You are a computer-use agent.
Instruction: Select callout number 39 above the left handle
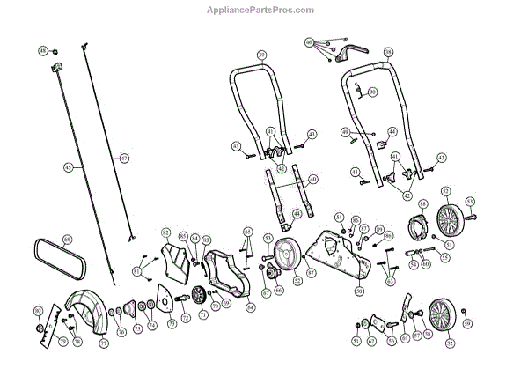261,55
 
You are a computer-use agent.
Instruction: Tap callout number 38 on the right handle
388,52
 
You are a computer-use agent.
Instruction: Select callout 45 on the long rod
69,166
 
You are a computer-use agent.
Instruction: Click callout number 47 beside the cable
124,158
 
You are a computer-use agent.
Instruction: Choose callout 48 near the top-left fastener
43,52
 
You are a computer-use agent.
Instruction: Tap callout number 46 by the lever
309,42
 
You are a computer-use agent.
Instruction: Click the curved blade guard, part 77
88,308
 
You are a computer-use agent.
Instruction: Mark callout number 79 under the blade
62,341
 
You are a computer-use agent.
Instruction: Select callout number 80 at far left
38,311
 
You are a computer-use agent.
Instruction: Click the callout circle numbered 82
165,232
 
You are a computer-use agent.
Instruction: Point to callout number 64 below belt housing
250,307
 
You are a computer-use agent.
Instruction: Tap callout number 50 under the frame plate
359,290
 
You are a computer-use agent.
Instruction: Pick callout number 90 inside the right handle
372,92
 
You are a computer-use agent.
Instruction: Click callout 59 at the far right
468,324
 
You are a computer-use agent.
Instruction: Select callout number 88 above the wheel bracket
423,203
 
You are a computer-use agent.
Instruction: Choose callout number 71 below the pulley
203,313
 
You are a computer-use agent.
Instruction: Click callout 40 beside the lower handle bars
313,179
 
